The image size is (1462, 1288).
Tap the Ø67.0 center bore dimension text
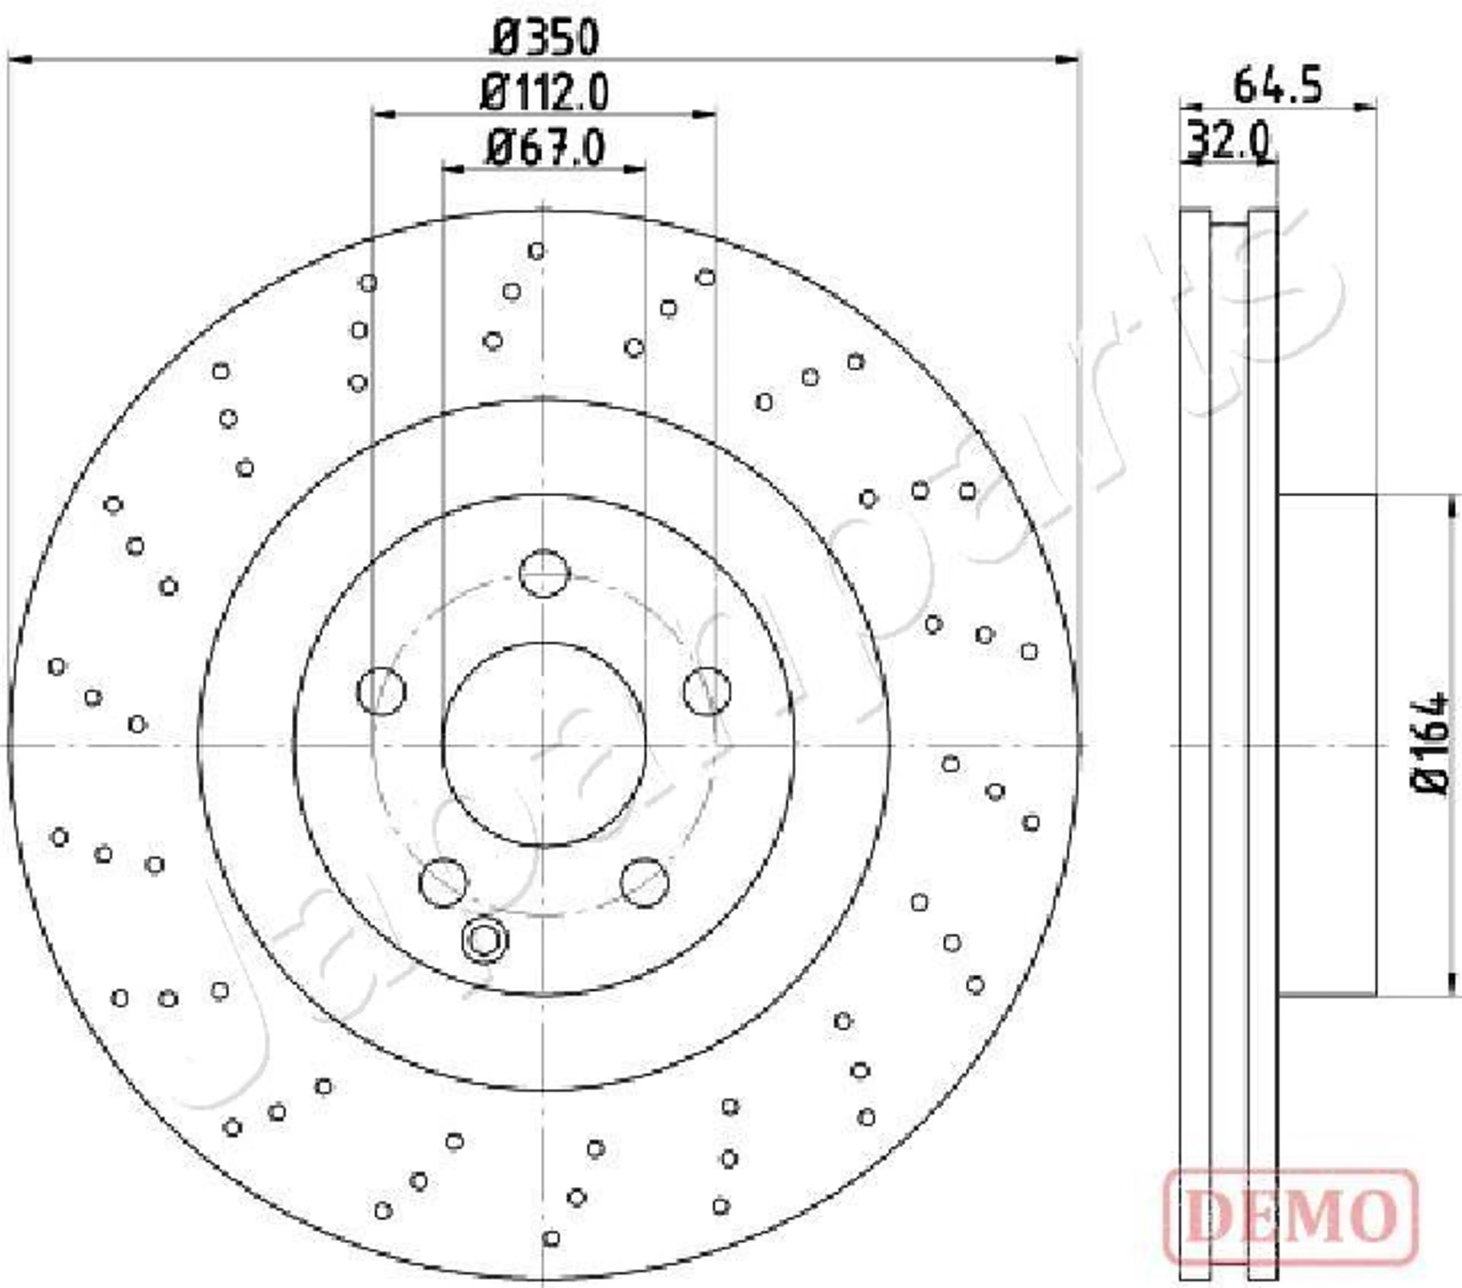tap(545, 148)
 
